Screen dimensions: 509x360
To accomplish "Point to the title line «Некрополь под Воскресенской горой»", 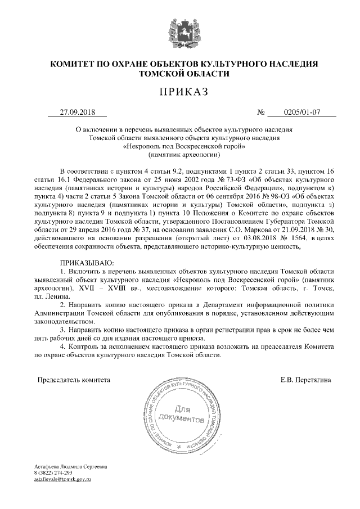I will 180,145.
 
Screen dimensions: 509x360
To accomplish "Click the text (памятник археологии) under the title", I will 180,154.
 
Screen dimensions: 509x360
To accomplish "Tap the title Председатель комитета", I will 74,380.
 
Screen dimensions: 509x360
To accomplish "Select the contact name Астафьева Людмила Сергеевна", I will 70,467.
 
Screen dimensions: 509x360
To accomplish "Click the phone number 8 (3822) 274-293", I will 53,474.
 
